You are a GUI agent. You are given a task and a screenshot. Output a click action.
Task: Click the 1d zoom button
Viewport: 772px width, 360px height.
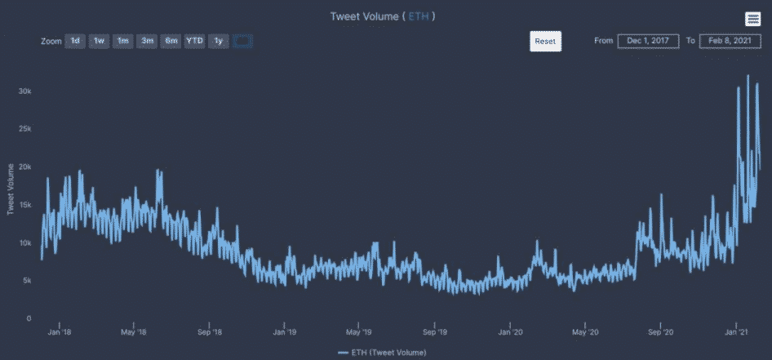click(x=75, y=42)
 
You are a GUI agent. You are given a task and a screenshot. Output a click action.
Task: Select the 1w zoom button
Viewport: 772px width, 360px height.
click(x=99, y=42)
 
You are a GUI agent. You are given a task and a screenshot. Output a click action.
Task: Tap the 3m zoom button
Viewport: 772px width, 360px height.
click(x=147, y=42)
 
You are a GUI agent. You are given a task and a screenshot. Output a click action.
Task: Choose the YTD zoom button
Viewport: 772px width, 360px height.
click(x=194, y=42)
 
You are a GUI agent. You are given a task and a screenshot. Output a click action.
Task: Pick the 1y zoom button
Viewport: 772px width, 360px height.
click(x=218, y=42)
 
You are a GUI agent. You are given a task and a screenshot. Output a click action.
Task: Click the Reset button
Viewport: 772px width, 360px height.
click(x=545, y=41)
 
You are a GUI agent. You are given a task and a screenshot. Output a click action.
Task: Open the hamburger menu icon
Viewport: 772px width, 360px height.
click(x=752, y=20)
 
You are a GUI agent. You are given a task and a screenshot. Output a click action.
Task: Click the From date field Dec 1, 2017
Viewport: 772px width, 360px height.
click(x=648, y=41)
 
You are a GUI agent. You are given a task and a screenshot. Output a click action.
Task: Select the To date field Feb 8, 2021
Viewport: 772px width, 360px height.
click(x=730, y=41)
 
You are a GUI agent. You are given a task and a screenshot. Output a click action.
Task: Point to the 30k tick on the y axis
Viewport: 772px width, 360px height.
click(x=24, y=91)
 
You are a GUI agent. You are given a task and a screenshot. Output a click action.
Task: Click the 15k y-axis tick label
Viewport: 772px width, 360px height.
click(x=24, y=205)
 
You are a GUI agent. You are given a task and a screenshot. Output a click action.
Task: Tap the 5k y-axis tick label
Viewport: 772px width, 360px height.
click(x=26, y=281)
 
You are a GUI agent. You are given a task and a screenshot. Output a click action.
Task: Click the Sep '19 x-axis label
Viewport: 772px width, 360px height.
click(x=435, y=332)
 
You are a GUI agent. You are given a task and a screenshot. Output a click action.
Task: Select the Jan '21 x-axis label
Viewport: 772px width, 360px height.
click(x=737, y=332)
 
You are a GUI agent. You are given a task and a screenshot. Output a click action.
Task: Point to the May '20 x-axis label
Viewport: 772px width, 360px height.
click(x=586, y=332)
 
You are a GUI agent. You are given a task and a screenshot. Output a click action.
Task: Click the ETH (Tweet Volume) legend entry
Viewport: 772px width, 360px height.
click(x=382, y=353)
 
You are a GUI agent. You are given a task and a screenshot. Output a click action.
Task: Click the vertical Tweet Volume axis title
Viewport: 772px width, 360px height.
click(x=11, y=189)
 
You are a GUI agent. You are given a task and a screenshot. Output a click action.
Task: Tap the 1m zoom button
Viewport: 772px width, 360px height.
click(x=122, y=42)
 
